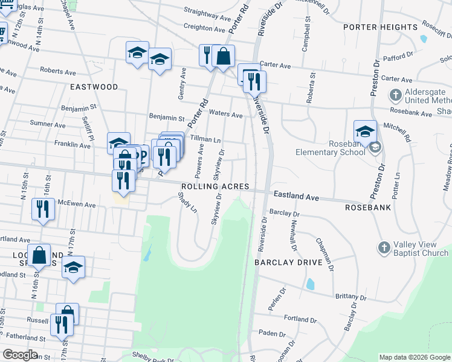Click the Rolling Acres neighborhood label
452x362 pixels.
point(214,187)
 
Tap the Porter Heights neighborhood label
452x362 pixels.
point(380,28)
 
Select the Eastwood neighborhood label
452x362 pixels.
point(94,87)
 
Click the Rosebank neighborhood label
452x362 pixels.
point(367,208)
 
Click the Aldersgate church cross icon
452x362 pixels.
point(395,95)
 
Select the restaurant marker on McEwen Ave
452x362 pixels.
point(42,209)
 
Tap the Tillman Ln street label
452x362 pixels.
point(205,139)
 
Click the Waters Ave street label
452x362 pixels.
point(225,114)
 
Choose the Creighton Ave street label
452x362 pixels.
point(204,28)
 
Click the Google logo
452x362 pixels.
point(20,355)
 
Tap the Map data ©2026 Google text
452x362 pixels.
point(414,357)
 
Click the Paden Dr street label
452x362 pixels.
point(271,334)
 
